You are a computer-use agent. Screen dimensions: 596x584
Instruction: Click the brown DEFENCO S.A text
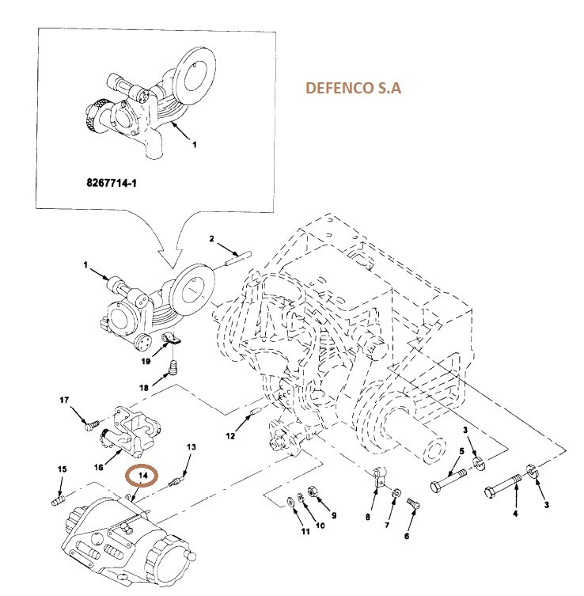click(353, 89)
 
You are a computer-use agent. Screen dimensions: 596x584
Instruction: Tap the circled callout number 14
click(143, 475)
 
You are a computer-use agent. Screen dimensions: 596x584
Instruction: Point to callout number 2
click(212, 238)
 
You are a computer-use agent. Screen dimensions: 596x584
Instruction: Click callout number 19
click(146, 362)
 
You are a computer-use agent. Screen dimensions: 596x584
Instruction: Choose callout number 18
click(144, 388)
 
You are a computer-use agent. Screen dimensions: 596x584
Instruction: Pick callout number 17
click(65, 401)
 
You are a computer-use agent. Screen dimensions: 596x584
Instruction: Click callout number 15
click(61, 470)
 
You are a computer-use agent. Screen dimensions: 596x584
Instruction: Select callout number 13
click(190, 448)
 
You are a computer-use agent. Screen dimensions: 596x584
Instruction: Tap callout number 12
click(230, 436)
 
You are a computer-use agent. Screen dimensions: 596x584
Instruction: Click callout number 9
click(334, 515)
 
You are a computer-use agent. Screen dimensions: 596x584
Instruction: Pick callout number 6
click(408, 535)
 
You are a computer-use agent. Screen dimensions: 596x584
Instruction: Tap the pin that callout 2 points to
click(238, 256)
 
